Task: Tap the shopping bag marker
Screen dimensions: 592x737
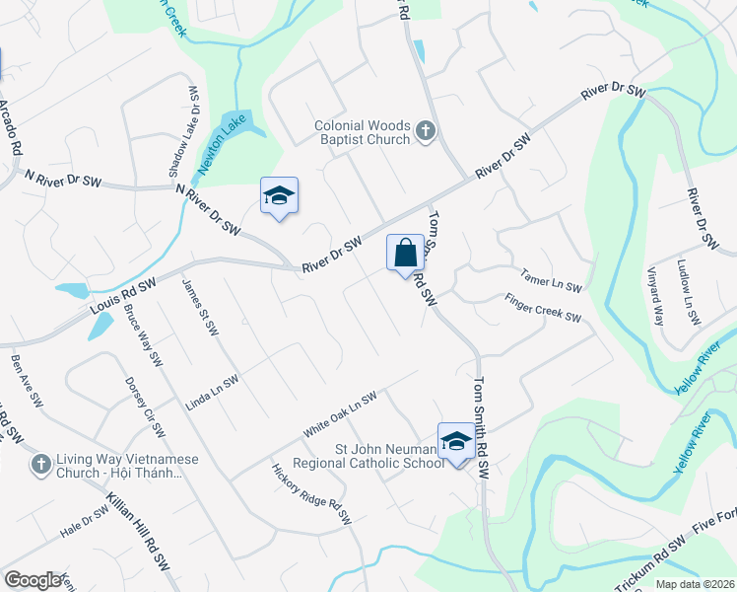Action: (405, 254)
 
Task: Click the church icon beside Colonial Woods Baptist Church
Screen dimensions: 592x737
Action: (426, 131)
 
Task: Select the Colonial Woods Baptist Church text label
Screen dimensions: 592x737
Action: (362, 132)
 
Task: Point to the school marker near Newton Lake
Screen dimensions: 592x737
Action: (279, 196)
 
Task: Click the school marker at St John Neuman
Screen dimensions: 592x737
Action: (456, 441)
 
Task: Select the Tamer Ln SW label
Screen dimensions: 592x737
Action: (552, 281)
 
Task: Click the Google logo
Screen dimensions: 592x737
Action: (33, 580)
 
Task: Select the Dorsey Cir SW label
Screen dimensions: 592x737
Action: (144, 407)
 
